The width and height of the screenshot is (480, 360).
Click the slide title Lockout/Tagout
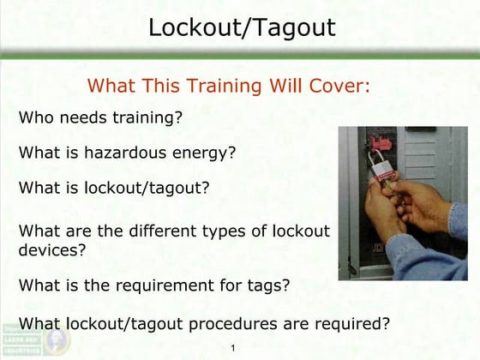(x=241, y=27)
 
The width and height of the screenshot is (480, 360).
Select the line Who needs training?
(x=100, y=117)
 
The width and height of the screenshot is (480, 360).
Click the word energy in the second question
(x=206, y=153)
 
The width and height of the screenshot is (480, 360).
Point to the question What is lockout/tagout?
(x=114, y=188)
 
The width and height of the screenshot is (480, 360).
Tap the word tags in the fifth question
(x=270, y=286)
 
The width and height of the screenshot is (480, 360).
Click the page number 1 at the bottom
(x=233, y=349)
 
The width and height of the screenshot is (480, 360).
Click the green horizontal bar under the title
(x=240, y=55)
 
